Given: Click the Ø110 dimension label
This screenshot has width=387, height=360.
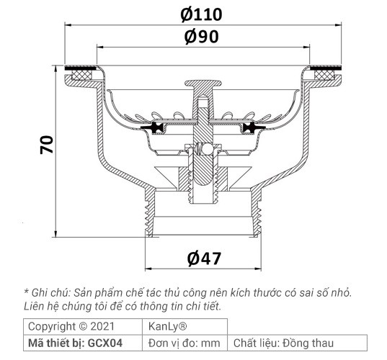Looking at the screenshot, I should coord(202,13).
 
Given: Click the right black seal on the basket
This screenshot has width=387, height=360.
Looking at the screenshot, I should coord(250,129).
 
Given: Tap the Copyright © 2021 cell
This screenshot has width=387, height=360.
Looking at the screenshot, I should coord(71,325).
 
